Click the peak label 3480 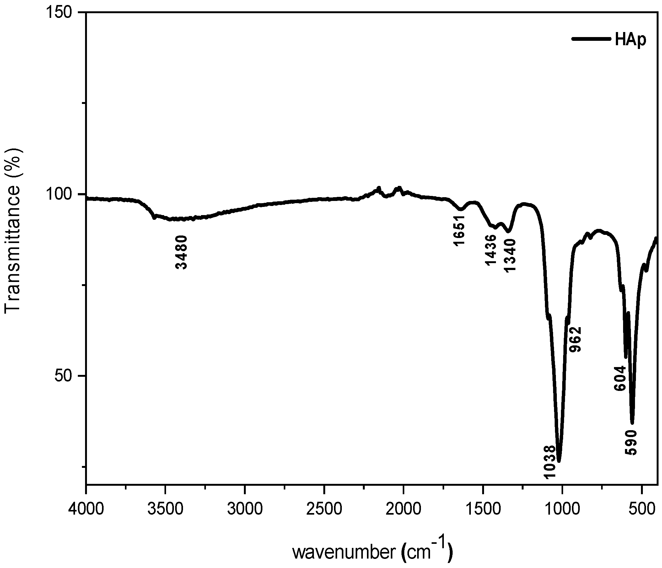(x=181, y=252)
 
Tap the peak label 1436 (x=490, y=250)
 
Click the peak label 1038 (x=550, y=467)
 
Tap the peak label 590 (x=631, y=443)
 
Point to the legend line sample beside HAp (x=596, y=39)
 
